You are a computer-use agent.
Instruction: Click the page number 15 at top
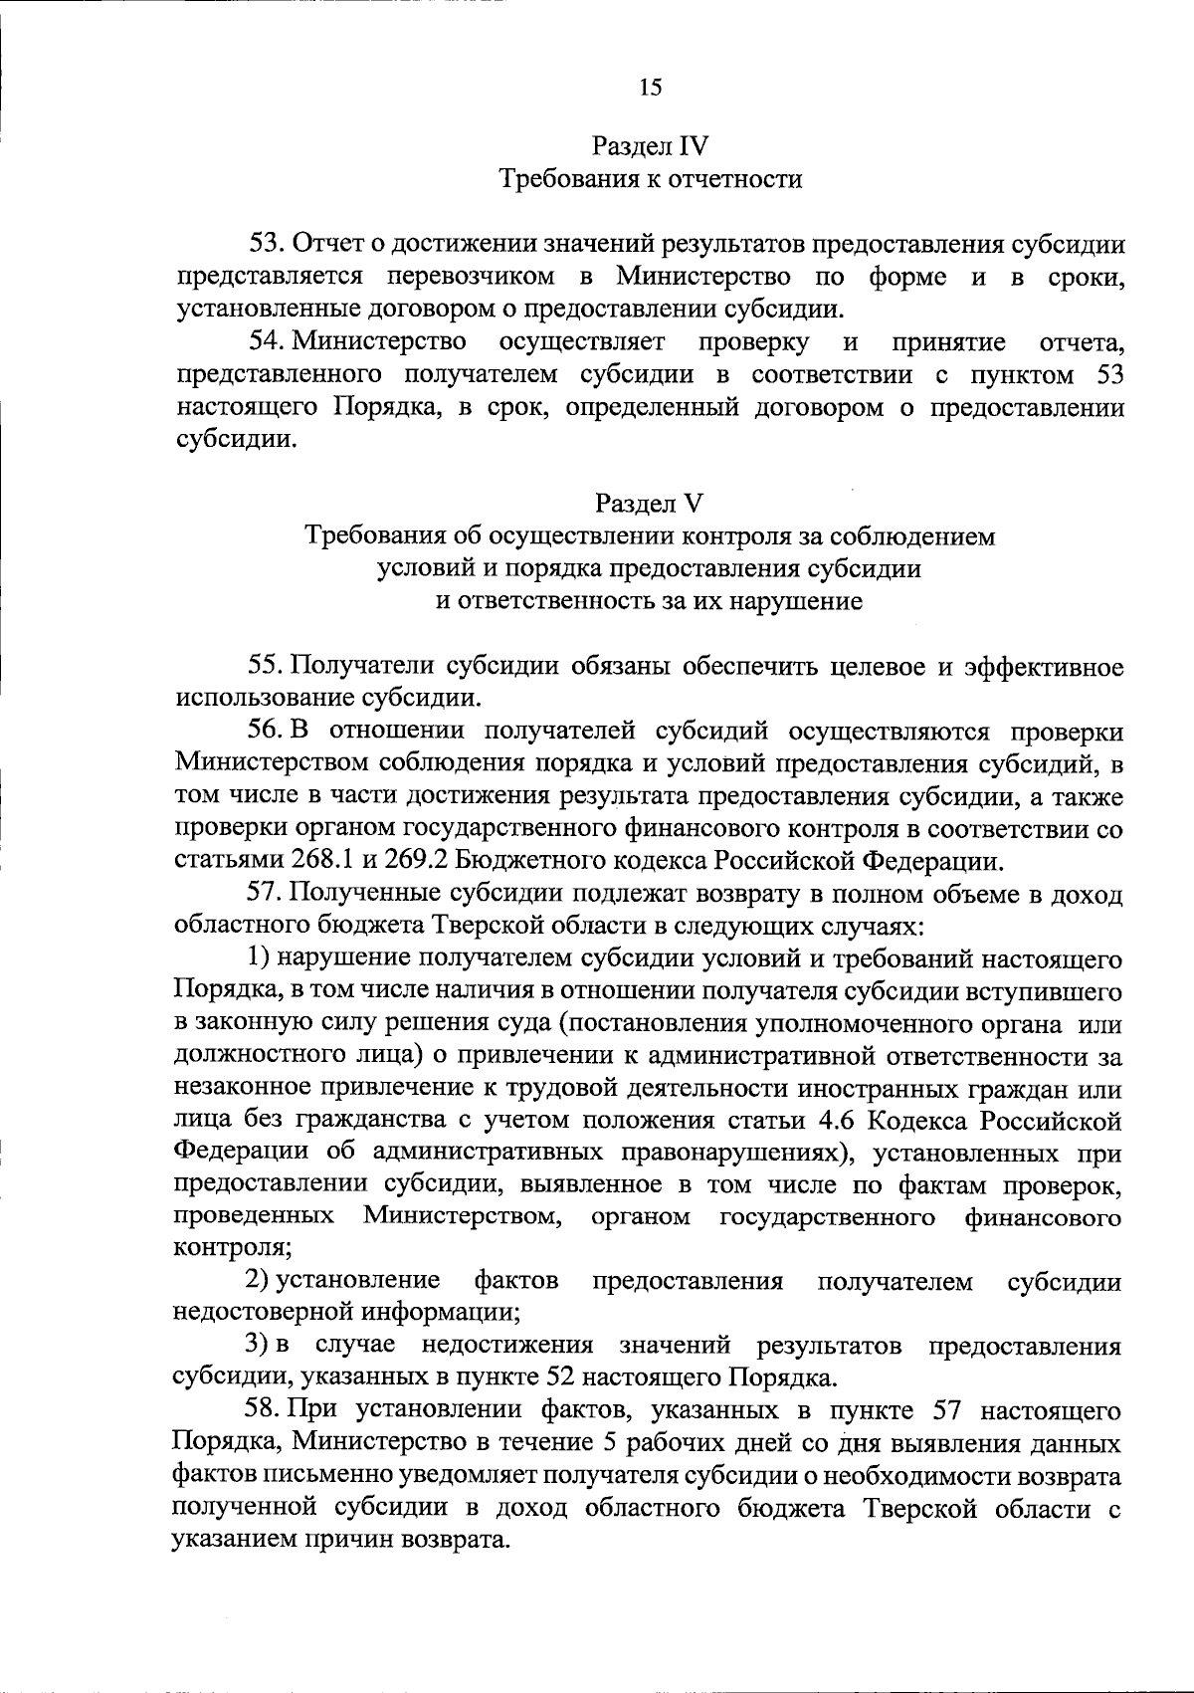pos(650,87)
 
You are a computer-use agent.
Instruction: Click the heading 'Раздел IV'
pos(650,147)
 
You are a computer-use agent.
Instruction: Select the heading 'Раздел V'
pos(650,504)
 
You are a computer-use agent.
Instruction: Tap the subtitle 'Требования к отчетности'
pos(650,180)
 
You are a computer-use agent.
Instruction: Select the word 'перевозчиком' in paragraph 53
pos(476,276)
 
